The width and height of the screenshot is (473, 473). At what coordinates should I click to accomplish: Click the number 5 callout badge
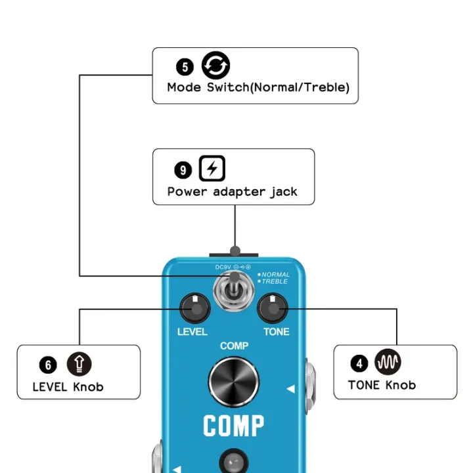pyautogui.click(x=185, y=66)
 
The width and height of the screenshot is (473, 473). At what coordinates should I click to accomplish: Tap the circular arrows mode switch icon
pyautogui.click(x=215, y=66)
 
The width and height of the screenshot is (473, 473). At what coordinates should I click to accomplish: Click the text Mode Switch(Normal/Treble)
pyautogui.click(x=258, y=87)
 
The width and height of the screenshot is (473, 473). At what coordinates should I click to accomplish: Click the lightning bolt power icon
pyautogui.click(x=212, y=169)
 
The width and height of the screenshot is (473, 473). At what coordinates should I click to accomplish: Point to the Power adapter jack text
pyautogui.click(x=232, y=192)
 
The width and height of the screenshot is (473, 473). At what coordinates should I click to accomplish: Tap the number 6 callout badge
pyautogui.click(x=48, y=365)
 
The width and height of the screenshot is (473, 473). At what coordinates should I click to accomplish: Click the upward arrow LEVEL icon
pyautogui.click(x=79, y=363)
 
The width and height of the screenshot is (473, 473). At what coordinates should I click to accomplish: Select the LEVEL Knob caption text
pyautogui.click(x=68, y=387)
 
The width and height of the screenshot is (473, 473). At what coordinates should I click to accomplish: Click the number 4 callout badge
pyautogui.click(x=359, y=363)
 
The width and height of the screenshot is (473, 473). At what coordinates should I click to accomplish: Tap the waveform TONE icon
pyautogui.click(x=388, y=362)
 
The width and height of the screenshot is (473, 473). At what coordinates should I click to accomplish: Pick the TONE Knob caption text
pyautogui.click(x=382, y=385)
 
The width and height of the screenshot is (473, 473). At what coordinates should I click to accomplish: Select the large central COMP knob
pyautogui.click(x=234, y=381)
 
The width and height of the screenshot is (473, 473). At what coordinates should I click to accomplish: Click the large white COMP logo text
pyautogui.click(x=234, y=426)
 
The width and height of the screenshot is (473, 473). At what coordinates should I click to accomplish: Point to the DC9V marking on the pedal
pyautogui.click(x=223, y=267)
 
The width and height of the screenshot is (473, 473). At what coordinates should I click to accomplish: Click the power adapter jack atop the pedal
pyautogui.click(x=234, y=252)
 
